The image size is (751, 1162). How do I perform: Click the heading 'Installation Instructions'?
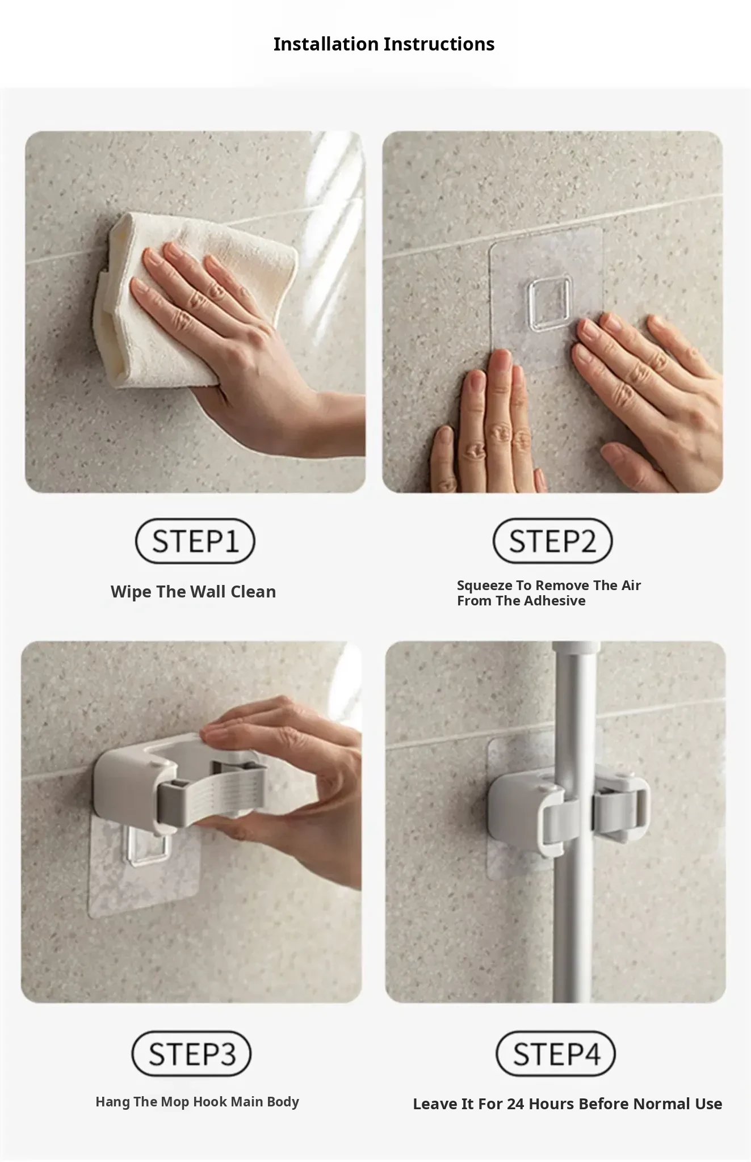(384, 44)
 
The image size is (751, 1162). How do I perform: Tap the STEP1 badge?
(195, 541)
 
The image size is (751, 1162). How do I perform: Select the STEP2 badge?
(552, 541)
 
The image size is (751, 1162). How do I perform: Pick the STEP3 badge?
(192, 1054)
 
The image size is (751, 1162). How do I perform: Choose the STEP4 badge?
(556, 1054)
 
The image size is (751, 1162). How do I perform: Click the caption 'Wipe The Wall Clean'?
(193, 592)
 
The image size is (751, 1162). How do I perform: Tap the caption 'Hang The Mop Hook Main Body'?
(197, 1102)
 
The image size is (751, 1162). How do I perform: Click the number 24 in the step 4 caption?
(516, 1104)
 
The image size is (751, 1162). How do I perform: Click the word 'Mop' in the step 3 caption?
(175, 1102)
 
